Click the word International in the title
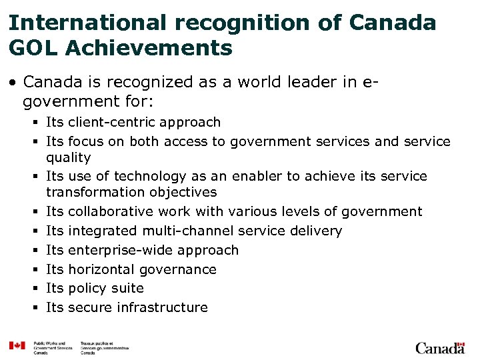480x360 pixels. point(91,23)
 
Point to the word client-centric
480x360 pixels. point(111,122)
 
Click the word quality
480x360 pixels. point(68,157)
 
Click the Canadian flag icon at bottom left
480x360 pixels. point(17,346)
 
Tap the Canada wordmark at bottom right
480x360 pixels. point(440,347)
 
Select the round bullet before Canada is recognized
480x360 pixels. point(13,83)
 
